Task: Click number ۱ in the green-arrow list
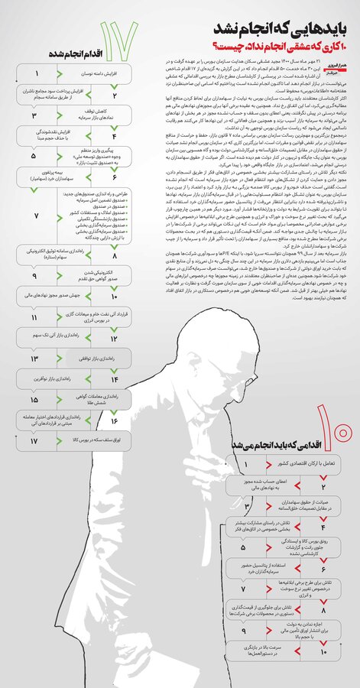36,75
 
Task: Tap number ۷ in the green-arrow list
36,216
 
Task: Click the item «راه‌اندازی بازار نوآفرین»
92,378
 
